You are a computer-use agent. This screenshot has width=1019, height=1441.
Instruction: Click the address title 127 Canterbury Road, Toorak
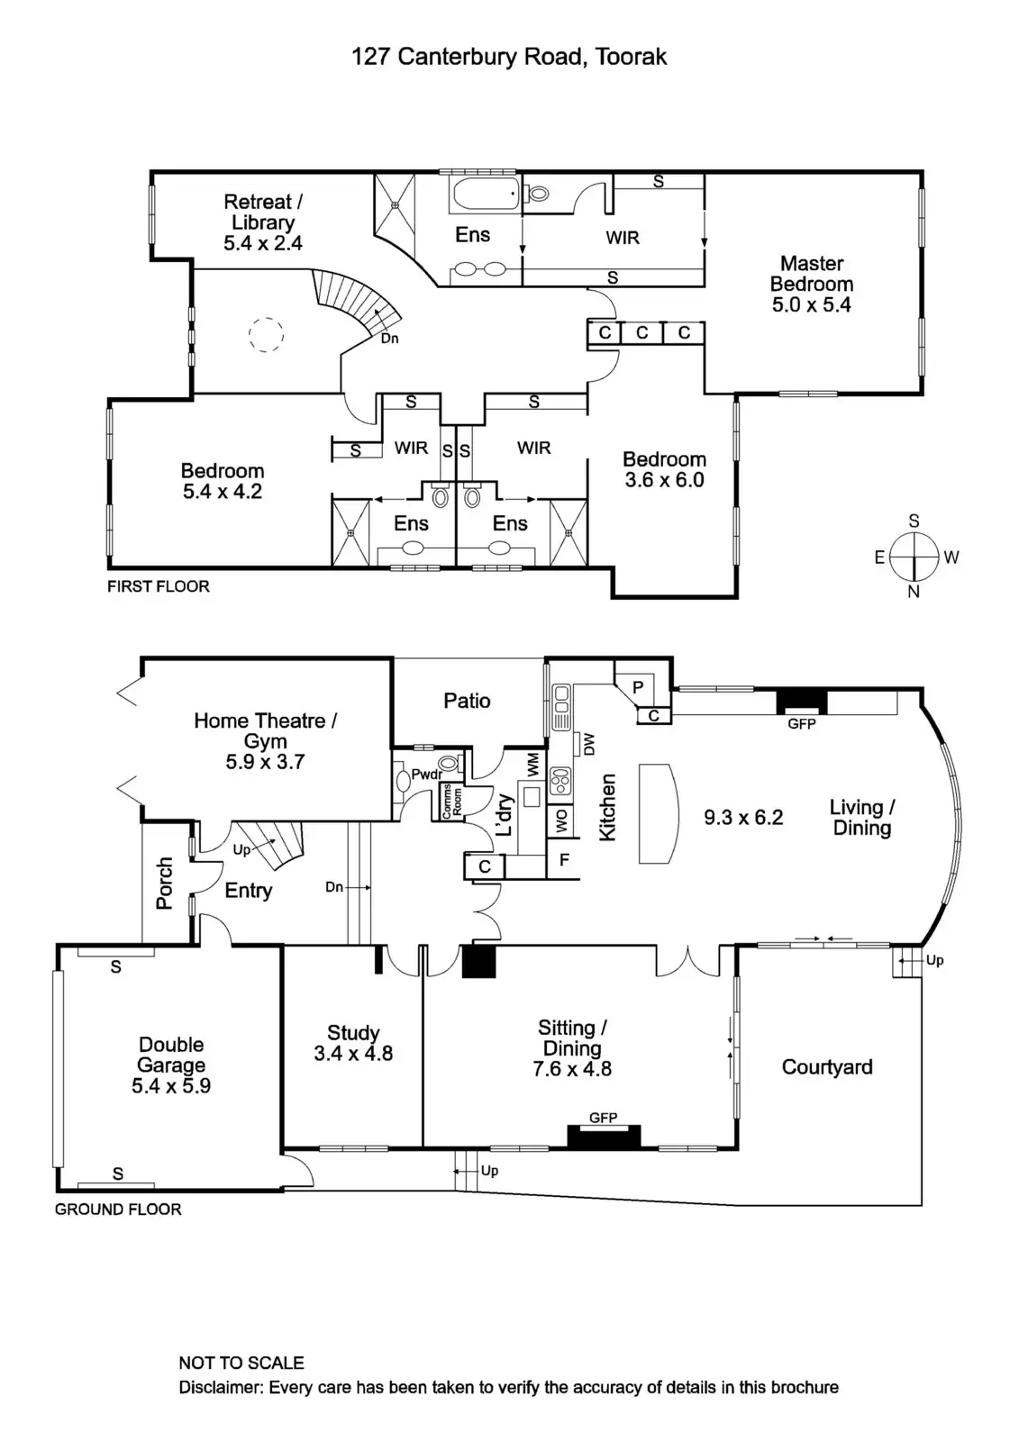[x=509, y=57]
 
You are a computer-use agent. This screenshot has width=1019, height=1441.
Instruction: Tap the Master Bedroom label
[x=811, y=284]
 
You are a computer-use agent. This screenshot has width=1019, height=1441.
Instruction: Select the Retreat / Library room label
[x=263, y=222]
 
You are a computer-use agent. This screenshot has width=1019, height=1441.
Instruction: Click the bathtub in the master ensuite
[x=486, y=194]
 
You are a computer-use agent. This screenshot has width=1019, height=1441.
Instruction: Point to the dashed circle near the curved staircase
[x=266, y=335]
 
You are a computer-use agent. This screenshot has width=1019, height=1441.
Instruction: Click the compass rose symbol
[x=914, y=557]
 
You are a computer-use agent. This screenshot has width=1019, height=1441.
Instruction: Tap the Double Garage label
[x=171, y=1065]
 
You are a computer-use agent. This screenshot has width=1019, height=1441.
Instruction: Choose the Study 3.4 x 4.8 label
[x=353, y=1043]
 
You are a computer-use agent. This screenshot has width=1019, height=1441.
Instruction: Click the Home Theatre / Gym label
[x=265, y=740]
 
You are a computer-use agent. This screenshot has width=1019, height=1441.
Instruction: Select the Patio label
[x=467, y=701]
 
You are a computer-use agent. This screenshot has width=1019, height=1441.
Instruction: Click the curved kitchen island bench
[x=658, y=813]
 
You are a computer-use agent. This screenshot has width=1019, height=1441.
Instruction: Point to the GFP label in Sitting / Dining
[x=603, y=1118]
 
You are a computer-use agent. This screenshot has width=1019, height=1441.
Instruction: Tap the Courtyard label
[x=826, y=1067]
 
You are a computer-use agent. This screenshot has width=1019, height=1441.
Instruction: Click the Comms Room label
[x=451, y=800]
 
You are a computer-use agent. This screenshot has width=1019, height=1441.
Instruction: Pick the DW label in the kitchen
[x=589, y=744]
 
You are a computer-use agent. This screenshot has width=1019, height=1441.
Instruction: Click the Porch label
[x=164, y=884]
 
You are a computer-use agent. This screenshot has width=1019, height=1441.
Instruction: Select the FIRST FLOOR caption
[x=159, y=586]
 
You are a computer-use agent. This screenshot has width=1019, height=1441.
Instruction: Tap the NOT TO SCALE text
[x=241, y=1363]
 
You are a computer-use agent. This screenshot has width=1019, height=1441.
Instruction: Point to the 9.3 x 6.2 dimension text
[x=743, y=818]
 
